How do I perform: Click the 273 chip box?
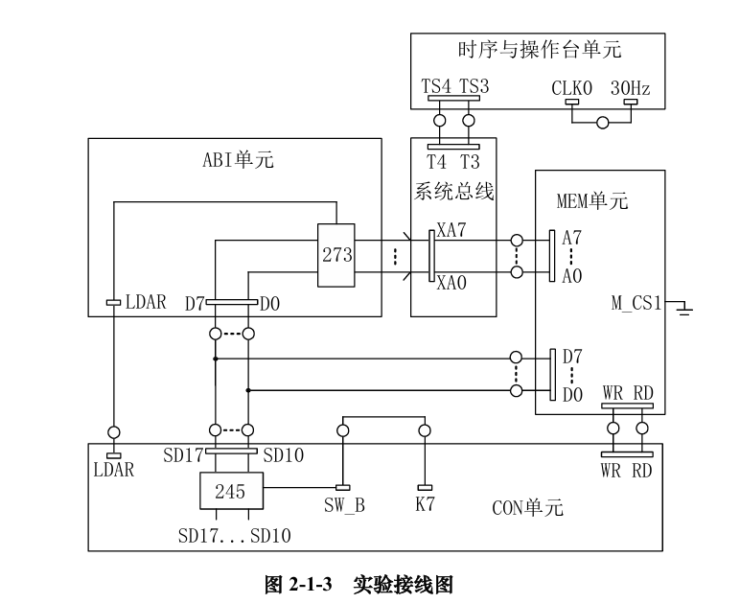pyautogui.click(x=336, y=255)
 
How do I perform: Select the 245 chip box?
pyautogui.click(x=230, y=492)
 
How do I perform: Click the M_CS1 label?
pyautogui.click(x=637, y=304)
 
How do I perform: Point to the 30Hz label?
pyautogui.click(x=630, y=88)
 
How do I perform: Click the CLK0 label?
pyautogui.click(x=572, y=88)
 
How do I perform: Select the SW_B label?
pyautogui.click(x=342, y=504)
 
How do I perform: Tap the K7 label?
pyautogui.click(x=425, y=504)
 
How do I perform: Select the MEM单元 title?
pyautogui.click(x=592, y=201)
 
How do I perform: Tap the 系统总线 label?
pyautogui.click(x=453, y=192)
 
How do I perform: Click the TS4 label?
pyautogui.click(x=437, y=88)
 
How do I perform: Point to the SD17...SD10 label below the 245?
pyautogui.click(x=235, y=533)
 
